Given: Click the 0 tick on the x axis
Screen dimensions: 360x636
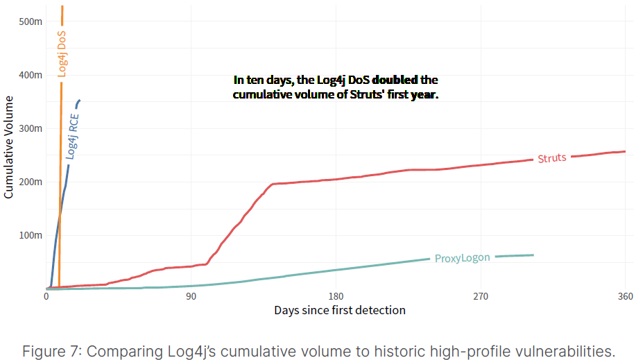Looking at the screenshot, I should (x=46, y=297).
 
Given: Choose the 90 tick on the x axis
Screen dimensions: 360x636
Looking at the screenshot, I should (x=191, y=297).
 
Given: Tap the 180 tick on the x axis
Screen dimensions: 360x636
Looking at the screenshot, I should (x=336, y=297).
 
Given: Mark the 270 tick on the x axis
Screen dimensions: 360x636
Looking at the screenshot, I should (x=481, y=297).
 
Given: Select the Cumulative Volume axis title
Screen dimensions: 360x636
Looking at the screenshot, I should (x=9, y=148).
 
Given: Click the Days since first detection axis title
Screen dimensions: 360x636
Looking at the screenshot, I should (x=339, y=310).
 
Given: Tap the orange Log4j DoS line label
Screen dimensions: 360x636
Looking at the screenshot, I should (x=62, y=52).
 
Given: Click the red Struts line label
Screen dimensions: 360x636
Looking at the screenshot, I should (x=552, y=158).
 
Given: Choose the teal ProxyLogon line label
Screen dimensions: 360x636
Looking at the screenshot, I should (x=462, y=258).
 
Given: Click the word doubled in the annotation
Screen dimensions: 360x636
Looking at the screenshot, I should (x=395, y=80).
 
